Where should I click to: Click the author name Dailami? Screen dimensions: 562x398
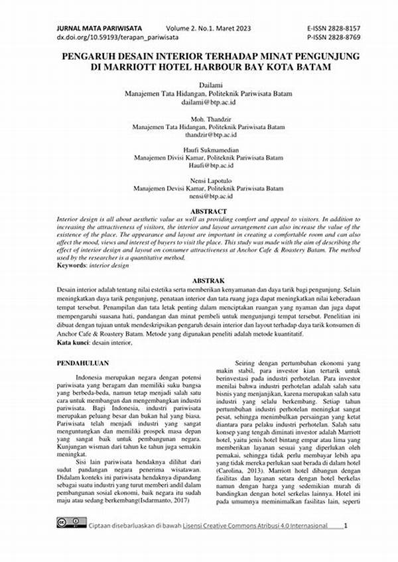click(199, 85)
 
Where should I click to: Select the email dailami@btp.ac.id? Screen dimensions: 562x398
click(199, 103)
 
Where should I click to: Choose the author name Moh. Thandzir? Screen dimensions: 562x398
click(199, 117)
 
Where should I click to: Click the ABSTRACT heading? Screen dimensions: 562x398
click(199, 211)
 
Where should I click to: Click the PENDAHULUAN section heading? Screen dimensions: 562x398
click(83, 363)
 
